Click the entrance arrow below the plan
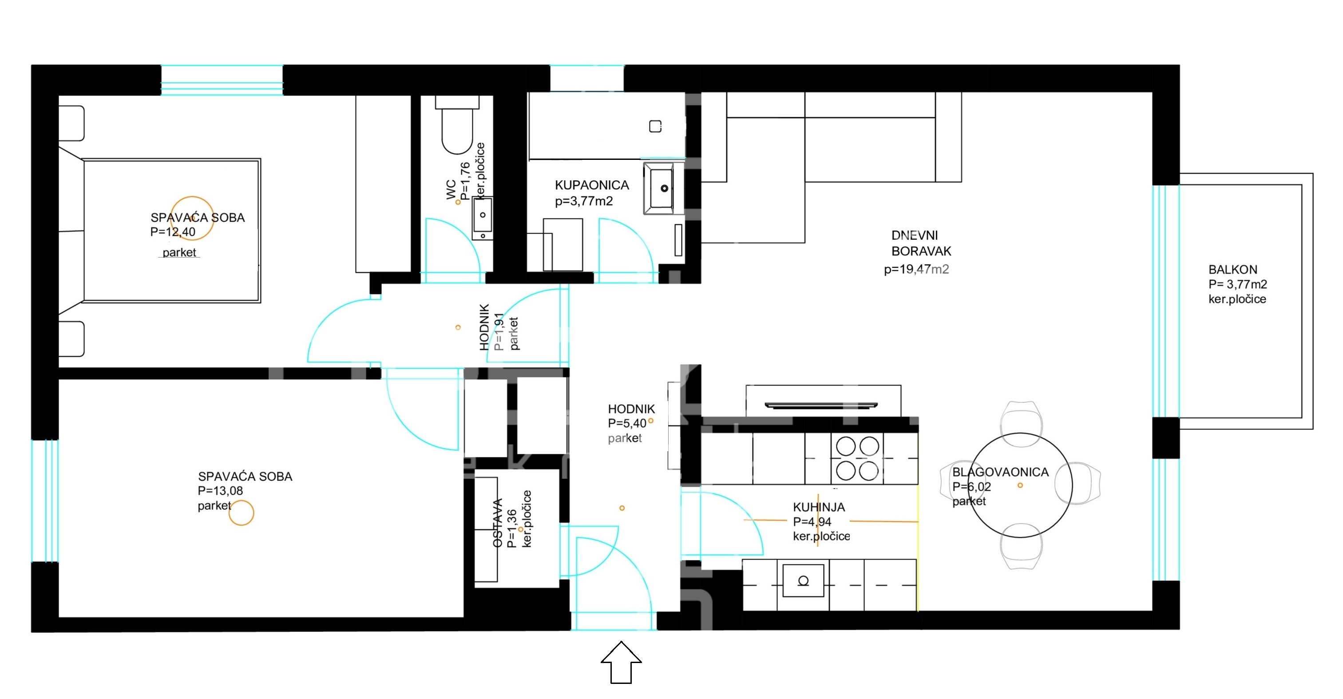click(621, 662)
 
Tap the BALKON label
click(1232, 270)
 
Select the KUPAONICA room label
click(592, 185)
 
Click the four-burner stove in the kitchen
click(857, 458)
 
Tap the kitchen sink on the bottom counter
click(803, 580)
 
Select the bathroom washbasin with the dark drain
click(663, 188)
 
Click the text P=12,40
click(173, 232)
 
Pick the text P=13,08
click(220, 491)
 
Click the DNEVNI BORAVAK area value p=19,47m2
click(916, 269)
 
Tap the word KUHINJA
click(819, 507)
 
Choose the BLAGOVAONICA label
click(1000, 472)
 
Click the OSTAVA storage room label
click(497, 523)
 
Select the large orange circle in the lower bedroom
click(242, 513)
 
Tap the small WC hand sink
click(482, 218)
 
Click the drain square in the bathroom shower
click(655, 126)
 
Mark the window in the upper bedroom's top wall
click(222, 80)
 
